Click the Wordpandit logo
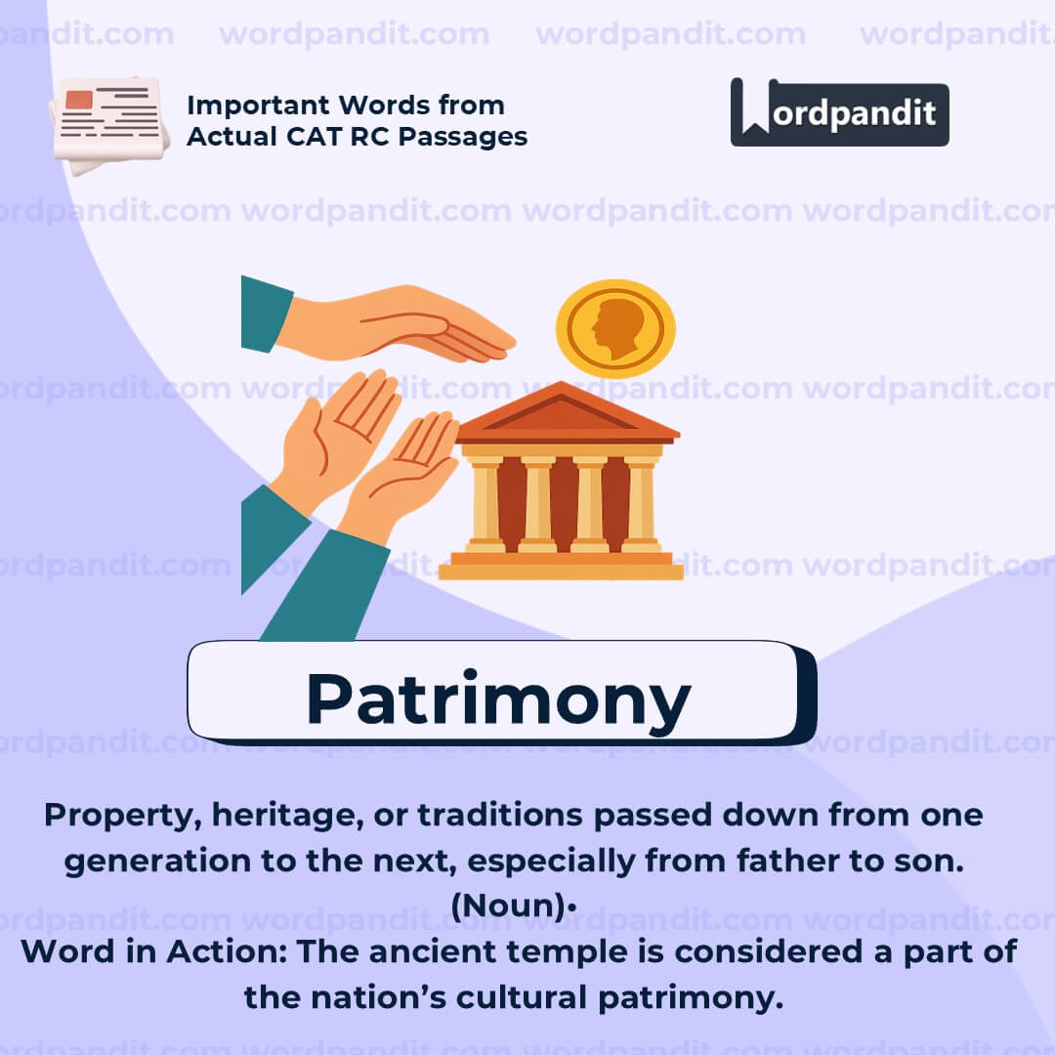pyautogui.click(x=839, y=112)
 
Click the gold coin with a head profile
pyautogui.click(x=615, y=328)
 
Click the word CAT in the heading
pyautogui.click(x=291, y=137)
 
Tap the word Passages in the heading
pyautogui.click(x=468, y=137)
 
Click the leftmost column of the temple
pyautogui.click(x=485, y=503)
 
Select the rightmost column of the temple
pyautogui.click(x=640, y=503)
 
